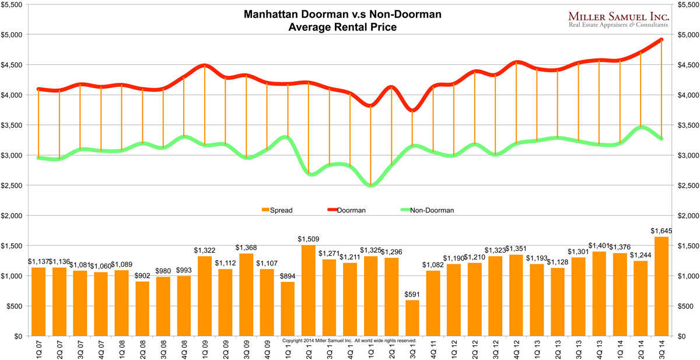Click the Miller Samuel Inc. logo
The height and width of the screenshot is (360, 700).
pos(618,20)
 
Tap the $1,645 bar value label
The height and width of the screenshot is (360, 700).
pos(661,231)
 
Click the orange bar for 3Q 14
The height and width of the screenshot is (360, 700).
pos(661,286)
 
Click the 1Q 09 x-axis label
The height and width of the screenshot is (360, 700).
pos(205,349)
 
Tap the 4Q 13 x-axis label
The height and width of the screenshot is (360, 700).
pos(599,349)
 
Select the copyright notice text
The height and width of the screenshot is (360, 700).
pos(349,340)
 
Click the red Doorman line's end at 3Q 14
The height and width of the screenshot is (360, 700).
pos(661,40)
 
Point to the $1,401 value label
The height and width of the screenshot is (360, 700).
pos(599,246)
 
